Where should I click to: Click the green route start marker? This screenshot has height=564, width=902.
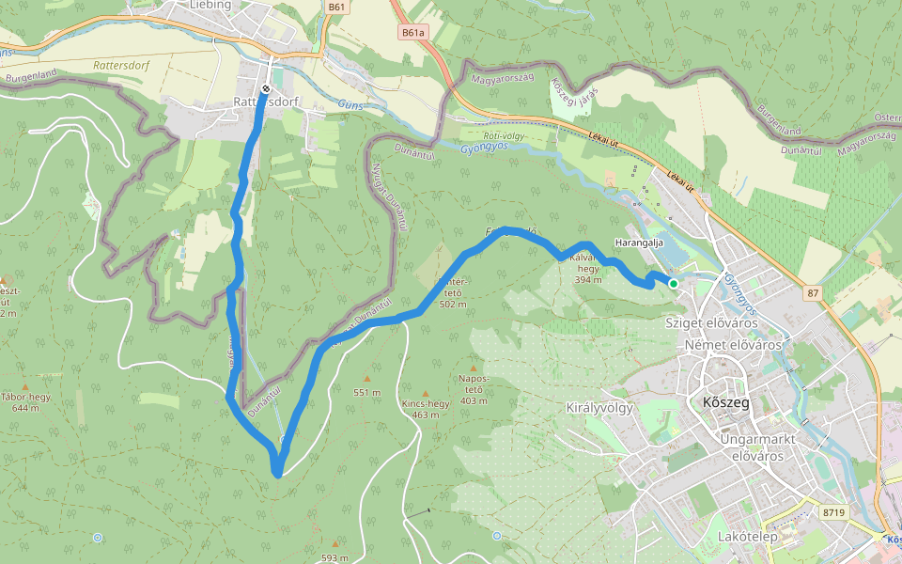pos(673,283)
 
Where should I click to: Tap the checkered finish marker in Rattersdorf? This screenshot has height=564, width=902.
pos(267,89)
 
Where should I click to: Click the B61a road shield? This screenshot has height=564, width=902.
pos(412,32)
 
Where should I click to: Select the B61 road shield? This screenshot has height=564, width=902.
pos(338,7)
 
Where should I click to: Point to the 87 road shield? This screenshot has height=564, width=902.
pos(813,294)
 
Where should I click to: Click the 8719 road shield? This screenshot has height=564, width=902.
pos(832,512)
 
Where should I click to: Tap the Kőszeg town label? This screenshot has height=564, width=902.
pos(725,402)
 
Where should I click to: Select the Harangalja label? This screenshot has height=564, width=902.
pos(639,243)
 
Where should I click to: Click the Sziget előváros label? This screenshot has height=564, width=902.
pos(711,322)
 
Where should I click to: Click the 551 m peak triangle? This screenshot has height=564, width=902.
pos(367,379)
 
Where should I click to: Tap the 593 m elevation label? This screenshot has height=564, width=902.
pos(334,557)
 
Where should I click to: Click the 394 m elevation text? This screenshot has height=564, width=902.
pos(588,280)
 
